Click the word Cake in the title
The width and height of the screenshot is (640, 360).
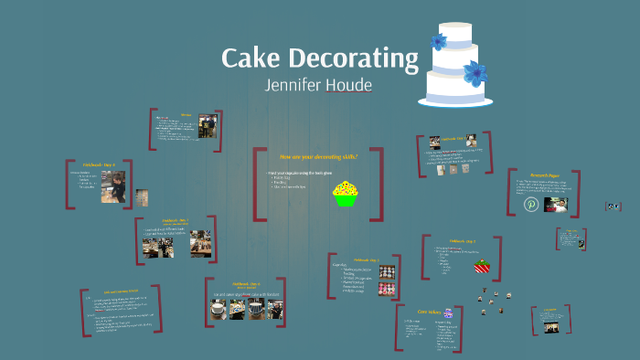pos(251,59)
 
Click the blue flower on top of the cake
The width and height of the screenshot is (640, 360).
pos(439,41)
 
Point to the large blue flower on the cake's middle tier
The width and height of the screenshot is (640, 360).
pos(474,72)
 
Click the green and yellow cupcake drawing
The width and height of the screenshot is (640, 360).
pos(345,193)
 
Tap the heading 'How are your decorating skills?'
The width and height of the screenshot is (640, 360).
pos(318,156)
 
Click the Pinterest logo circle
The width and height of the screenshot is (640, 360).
pos(531,204)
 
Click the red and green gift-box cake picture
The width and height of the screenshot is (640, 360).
pos(482,266)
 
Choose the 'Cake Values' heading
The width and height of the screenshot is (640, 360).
pos(430,312)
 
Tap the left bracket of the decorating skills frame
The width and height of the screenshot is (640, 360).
pos(259,183)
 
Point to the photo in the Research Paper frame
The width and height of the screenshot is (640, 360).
pos(555,205)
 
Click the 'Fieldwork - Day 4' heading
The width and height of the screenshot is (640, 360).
pos(98,165)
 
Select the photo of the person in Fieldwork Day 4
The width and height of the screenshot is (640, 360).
pos(112,187)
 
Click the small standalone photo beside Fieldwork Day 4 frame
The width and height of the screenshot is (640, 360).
pos(142,197)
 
